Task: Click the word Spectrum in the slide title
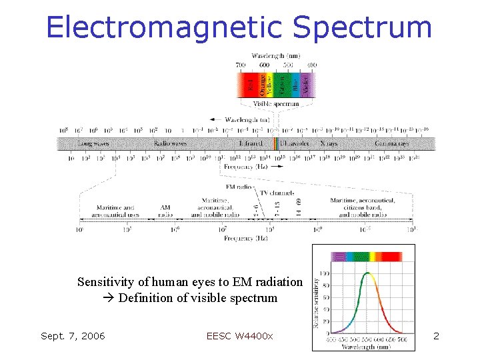coord(362,27)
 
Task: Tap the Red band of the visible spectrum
coord(250,85)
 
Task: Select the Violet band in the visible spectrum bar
coord(306,85)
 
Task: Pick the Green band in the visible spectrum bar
coord(282,85)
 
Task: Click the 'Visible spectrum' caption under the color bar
coord(276,104)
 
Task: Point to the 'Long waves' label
coord(94,143)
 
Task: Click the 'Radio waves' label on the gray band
coord(170,143)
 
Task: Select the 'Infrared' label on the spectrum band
coord(251,143)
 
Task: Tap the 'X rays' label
coord(329,143)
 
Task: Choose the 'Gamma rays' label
coord(391,143)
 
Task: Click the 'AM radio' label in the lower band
coord(165,211)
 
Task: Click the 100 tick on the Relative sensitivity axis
coord(323,273)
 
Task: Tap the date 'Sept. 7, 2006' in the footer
coord(73,335)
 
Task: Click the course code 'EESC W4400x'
coord(240,335)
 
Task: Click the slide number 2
coord(436,335)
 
